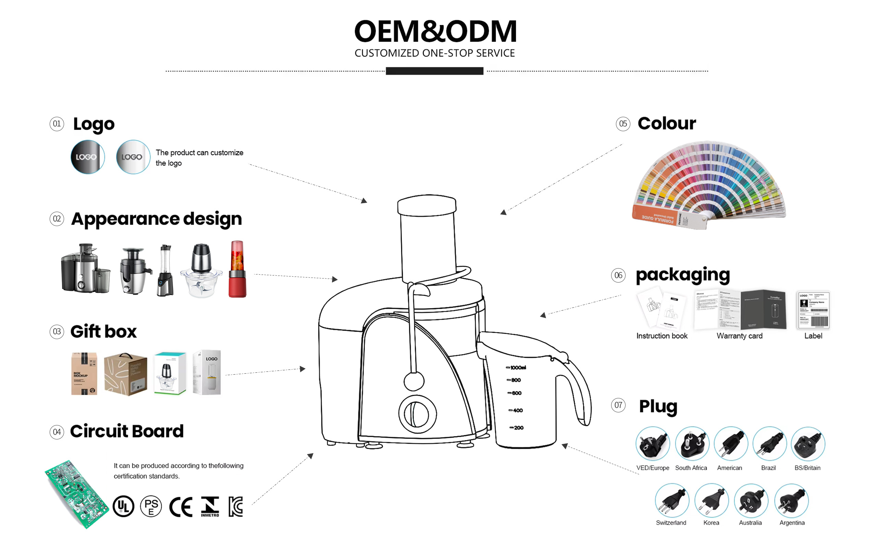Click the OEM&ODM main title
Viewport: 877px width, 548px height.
coord(435,32)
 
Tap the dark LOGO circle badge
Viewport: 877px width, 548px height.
coord(87,157)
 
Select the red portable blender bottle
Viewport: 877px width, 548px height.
coord(237,269)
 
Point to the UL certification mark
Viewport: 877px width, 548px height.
coord(123,506)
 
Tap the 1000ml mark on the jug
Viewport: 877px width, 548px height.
coord(516,368)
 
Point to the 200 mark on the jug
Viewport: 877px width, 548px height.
coord(517,428)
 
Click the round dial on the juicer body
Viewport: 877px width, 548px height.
coord(418,414)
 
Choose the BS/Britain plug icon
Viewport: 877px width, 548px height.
coord(808,444)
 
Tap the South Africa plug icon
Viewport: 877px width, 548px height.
coord(692,444)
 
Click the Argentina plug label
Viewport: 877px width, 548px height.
coord(792,523)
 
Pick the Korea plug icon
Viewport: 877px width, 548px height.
coord(712,500)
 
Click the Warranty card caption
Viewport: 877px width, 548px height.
coord(739,336)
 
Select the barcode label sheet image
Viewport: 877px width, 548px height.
coord(813,310)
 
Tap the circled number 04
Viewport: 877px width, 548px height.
coord(57,432)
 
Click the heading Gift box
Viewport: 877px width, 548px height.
coord(104,332)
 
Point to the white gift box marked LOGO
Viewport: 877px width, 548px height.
coord(207,372)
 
